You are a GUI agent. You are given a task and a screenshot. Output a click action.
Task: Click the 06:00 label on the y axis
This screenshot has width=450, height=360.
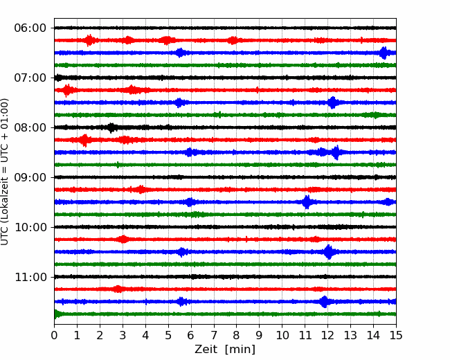click(30, 28)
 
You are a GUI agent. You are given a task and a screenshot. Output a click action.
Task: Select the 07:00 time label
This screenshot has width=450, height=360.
click(30, 78)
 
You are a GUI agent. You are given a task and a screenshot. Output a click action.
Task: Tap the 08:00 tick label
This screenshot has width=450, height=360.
click(30, 127)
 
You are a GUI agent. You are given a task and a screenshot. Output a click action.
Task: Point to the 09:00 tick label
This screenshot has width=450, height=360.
click(30, 177)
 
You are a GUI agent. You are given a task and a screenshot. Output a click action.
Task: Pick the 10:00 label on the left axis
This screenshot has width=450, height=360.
click(30, 227)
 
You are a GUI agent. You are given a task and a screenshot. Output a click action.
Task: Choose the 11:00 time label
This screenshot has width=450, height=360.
click(30, 277)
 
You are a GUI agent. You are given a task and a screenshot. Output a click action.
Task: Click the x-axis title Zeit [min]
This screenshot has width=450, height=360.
click(225, 350)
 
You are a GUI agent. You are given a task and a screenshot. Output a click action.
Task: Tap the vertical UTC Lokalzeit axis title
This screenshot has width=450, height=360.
click(6, 171)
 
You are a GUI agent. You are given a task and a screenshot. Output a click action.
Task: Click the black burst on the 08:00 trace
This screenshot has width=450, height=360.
click(111, 127)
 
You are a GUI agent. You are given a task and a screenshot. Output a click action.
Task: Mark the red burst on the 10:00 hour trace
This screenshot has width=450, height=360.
click(123, 240)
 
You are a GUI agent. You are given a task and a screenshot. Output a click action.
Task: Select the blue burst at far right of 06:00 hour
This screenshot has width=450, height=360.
click(384, 53)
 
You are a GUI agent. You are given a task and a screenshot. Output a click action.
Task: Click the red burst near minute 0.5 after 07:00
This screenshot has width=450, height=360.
click(66, 90)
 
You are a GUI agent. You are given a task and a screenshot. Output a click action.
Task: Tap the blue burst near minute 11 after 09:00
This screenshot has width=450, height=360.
click(306, 202)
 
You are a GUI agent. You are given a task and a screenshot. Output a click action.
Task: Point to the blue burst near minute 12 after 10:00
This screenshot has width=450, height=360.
click(328, 252)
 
